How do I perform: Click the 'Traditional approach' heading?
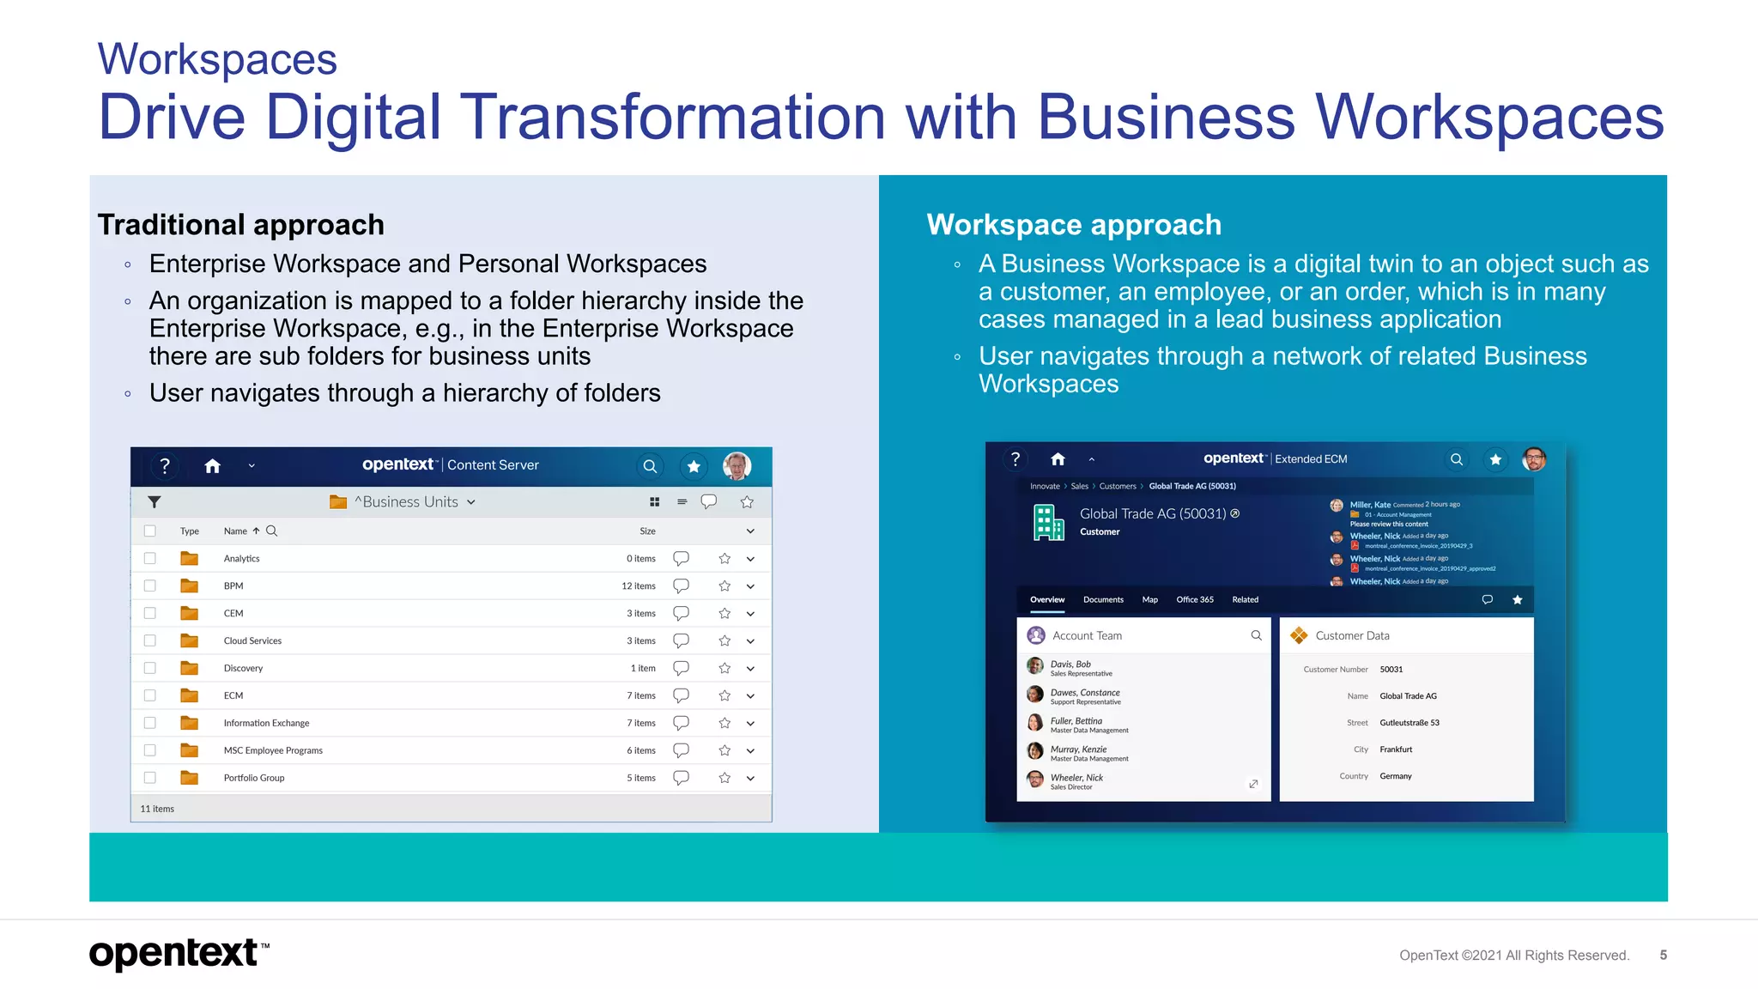(240, 225)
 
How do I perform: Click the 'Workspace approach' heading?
(1073, 225)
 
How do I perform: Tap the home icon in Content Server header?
(213, 466)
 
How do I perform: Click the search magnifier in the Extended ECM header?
(1456, 459)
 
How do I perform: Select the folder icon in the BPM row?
(190, 586)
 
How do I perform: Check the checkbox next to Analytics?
(150, 558)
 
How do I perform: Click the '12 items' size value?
(638, 586)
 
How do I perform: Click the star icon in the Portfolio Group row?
(724, 778)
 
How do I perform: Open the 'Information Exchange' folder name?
(266, 723)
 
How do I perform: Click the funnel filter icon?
(155, 502)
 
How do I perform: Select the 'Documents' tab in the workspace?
(1103, 599)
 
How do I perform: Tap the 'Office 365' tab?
(1194, 599)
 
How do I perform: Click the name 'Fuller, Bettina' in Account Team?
(1076, 721)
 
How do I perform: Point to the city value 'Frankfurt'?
(1396, 749)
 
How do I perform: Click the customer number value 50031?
(1391, 669)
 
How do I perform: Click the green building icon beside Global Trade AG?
(1048, 522)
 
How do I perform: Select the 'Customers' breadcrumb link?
(1118, 486)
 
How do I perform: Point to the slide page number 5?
(1663, 955)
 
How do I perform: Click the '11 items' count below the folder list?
(157, 809)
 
